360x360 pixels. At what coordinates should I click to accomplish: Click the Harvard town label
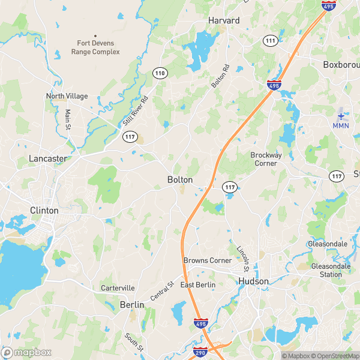pyautogui.click(x=224, y=20)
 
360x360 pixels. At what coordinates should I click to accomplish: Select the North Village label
pyautogui.click(x=67, y=96)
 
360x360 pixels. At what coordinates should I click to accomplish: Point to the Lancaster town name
pyautogui.click(x=47, y=158)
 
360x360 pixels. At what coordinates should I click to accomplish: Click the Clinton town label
pyautogui.click(x=44, y=211)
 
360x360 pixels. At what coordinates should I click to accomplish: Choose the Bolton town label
pyautogui.click(x=180, y=180)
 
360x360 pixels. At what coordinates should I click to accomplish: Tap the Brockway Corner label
pyautogui.click(x=266, y=159)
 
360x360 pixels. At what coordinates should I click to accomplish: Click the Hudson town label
pyautogui.click(x=254, y=281)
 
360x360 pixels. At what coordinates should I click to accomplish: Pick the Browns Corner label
pyautogui.click(x=208, y=260)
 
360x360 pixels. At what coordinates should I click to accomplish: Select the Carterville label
pyautogui.click(x=118, y=288)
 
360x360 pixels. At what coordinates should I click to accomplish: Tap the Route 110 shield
pyautogui.click(x=159, y=73)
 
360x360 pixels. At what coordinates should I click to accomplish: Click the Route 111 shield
pyautogui.click(x=270, y=40)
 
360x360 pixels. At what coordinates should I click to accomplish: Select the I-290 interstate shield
pyautogui.click(x=200, y=352)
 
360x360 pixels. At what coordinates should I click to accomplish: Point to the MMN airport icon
pyautogui.click(x=341, y=115)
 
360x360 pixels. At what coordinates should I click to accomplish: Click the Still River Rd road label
pyautogui.click(x=135, y=110)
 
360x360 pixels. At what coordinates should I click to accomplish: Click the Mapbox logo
pyautogui.click(x=27, y=352)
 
